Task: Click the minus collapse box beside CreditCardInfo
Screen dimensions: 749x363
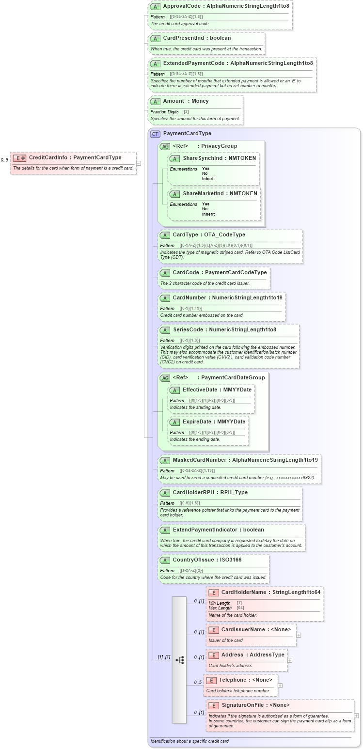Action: [139, 163]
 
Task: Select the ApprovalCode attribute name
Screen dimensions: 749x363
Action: [183, 7]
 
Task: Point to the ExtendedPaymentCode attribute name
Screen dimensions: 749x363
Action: [193, 63]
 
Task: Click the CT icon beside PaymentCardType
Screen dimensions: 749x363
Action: [155, 134]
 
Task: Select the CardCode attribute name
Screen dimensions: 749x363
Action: [186, 272]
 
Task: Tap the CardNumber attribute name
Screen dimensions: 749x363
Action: [189, 297]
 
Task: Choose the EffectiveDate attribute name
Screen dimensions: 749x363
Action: [199, 390]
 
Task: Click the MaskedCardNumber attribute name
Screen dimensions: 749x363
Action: [199, 460]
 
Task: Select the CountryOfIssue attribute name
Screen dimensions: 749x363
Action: [193, 560]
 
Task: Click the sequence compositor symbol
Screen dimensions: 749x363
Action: [179, 660]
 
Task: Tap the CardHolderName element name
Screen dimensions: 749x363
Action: [244, 592]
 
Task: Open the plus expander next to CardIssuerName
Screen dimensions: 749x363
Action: [299, 635]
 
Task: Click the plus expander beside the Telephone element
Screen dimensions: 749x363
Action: [280, 685]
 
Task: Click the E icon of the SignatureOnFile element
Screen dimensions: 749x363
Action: [214, 705]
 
